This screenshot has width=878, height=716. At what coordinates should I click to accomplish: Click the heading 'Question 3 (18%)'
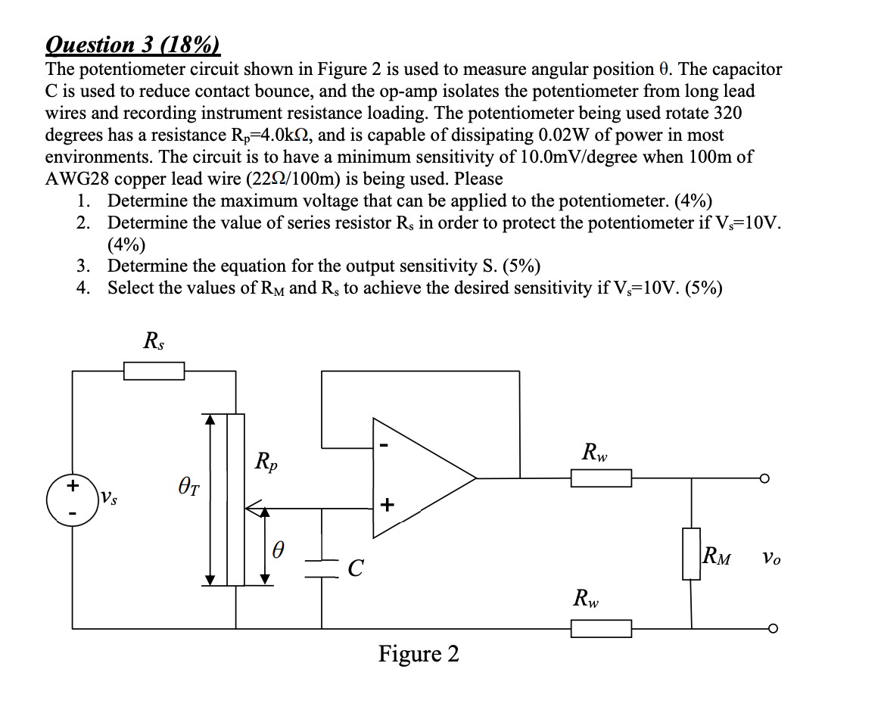pyautogui.click(x=132, y=45)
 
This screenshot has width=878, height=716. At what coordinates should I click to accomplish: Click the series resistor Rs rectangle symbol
pyautogui.click(x=154, y=371)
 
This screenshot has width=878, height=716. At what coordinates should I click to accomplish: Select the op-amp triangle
pyautogui.click(x=416, y=478)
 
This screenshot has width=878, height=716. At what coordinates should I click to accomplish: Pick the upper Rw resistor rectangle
pyautogui.click(x=600, y=478)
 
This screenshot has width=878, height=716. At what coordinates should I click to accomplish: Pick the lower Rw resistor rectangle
pyautogui.click(x=600, y=628)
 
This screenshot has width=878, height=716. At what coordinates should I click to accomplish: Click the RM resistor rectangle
pyautogui.click(x=690, y=554)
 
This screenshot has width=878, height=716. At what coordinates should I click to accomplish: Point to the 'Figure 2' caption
pyautogui.click(x=419, y=654)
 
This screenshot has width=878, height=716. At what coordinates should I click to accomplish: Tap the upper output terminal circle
pyautogui.click(x=766, y=478)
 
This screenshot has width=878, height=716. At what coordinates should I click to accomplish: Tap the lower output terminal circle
pyautogui.click(x=766, y=628)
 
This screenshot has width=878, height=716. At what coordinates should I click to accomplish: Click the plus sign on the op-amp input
pyautogui.click(x=387, y=503)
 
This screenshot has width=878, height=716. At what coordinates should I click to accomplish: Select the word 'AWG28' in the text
pyautogui.click(x=79, y=179)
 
